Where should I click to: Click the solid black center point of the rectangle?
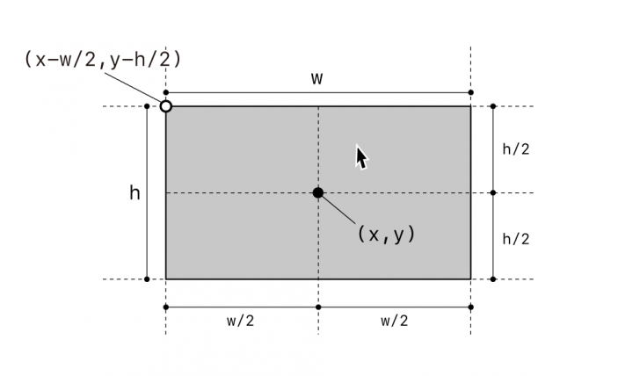318,192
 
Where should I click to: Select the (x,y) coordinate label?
386,234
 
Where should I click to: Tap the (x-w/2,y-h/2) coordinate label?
103,60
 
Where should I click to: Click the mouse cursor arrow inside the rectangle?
361,157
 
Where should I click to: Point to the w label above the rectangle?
317,78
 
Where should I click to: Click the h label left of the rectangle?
135,192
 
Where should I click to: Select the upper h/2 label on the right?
516,148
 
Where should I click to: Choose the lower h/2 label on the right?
516,239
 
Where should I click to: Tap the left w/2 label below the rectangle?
240,321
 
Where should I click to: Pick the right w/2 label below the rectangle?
394,321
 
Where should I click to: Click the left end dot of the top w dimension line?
165,92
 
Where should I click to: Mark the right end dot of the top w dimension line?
470,92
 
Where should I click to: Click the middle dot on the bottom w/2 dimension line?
318,307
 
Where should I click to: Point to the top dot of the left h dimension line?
147,106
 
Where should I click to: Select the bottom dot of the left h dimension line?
147,279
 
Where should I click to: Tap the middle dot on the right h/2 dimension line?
493,192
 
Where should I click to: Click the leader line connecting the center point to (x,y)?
338,209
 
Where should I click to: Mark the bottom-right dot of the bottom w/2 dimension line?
470,307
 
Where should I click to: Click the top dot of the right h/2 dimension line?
493,106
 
